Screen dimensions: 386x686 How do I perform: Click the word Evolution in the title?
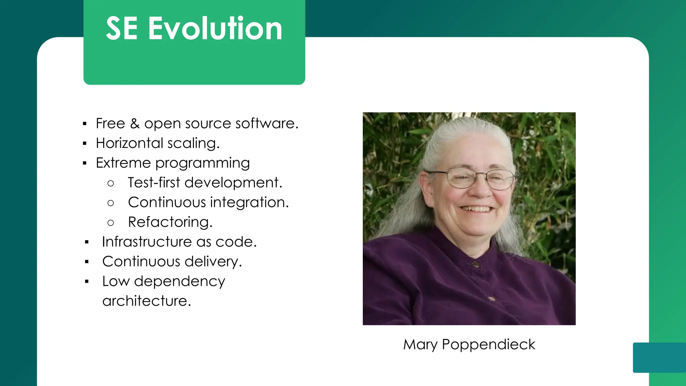click(x=215, y=29)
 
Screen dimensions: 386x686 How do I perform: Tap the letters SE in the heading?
click(x=122, y=29)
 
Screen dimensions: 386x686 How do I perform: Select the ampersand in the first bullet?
click(x=135, y=124)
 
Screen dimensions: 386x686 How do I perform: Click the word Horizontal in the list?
click(x=129, y=143)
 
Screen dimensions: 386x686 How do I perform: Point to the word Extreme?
click(x=123, y=163)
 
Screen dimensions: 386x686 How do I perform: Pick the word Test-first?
click(x=154, y=183)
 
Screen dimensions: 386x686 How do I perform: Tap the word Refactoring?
click(x=170, y=222)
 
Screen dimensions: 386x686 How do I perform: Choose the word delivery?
click(x=213, y=262)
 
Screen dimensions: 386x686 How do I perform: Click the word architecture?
click(x=146, y=301)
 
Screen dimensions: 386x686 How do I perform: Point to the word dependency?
click(x=180, y=281)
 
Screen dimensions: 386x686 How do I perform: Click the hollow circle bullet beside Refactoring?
click(x=111, y=223)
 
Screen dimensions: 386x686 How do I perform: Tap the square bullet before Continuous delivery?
click(x=87, y=262)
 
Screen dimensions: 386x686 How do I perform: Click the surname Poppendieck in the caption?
click(x=488, y=345)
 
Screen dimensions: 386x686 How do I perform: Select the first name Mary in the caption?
click(x=420, y=344)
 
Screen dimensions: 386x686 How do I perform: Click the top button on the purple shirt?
click(x=476, y=265)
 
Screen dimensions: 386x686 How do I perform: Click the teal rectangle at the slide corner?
click(x=659, y=357)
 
